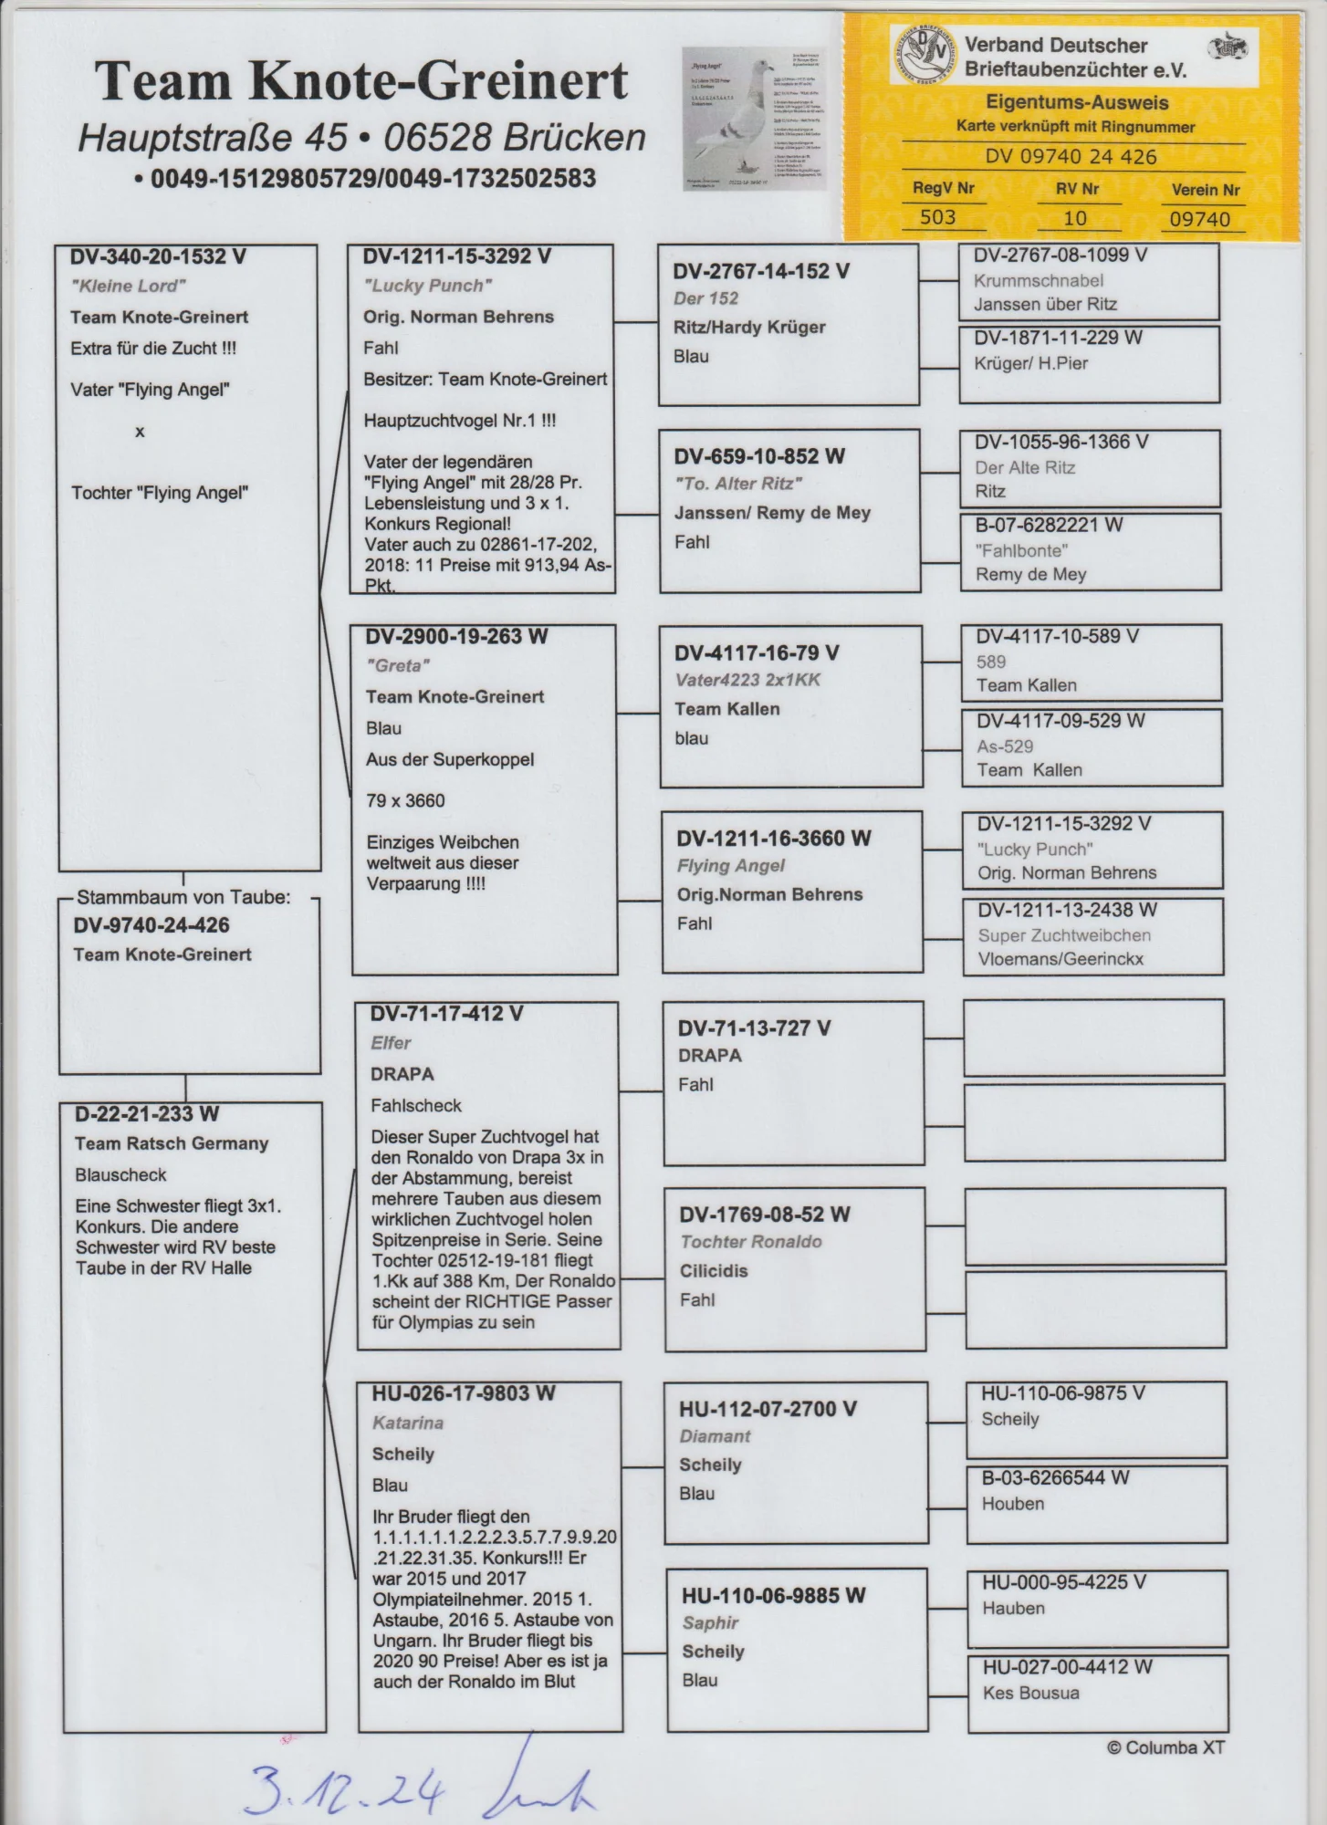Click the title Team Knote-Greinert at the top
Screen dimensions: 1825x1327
tap(361, 82)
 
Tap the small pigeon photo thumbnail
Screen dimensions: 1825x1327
tap(754, 119)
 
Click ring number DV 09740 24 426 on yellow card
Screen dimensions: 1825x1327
tap(1071, 157)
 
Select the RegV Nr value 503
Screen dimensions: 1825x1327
tap(937, 217)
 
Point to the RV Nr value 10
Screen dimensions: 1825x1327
tap(1075, 218)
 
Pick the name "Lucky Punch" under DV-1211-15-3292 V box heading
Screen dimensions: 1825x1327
tap(427, 286)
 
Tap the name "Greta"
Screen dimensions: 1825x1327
tap(398, 666)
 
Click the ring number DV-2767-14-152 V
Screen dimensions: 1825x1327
tap(761, 272)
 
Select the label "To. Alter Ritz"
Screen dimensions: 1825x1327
tap(737, 484)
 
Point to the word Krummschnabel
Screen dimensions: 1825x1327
tap(1038, 281)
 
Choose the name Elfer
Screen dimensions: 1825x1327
tap(391, 1043)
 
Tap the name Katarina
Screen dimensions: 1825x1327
tap(407, 1423)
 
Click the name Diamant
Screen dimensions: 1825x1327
tap(715, 1436)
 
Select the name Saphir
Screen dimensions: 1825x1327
tap(710, 1622)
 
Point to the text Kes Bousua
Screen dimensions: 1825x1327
tap(1030, 1693)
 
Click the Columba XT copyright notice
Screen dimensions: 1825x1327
tap(1165, 1748)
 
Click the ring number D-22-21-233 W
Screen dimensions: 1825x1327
tap(147, 1114)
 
